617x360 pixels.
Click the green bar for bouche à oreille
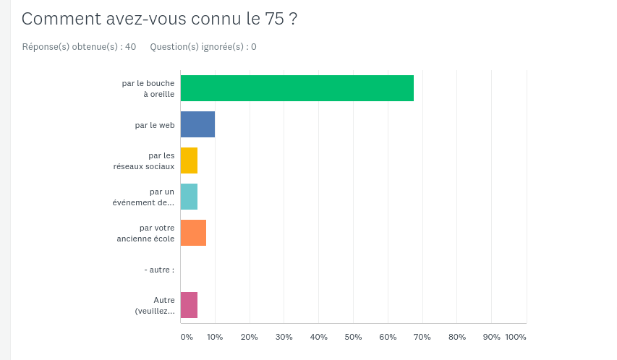coord(297,88)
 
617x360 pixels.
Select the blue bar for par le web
coord(197,124)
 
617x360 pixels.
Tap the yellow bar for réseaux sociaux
coord(189,160)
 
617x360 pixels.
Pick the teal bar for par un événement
coord(189,197)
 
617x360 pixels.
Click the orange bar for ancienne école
coord(193,233)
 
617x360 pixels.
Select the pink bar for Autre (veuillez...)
coord(189,305)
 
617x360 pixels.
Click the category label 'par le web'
coord(155,125)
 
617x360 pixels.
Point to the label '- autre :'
coord(159,270)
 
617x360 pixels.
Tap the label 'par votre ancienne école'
coord(146,233)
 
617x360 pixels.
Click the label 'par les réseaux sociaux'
coord(144,160)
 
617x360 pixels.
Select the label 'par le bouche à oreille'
coord(148,88)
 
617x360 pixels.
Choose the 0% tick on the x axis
coord(187,337)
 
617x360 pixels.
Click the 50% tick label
coord(353,337)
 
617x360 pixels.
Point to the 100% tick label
coord(516,337)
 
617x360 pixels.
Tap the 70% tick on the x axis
coord(422,337)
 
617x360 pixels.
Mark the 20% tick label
coord(250,337)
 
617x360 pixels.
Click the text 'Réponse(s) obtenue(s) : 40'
coord(79,47)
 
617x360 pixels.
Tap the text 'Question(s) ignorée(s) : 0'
coord(203,47)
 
